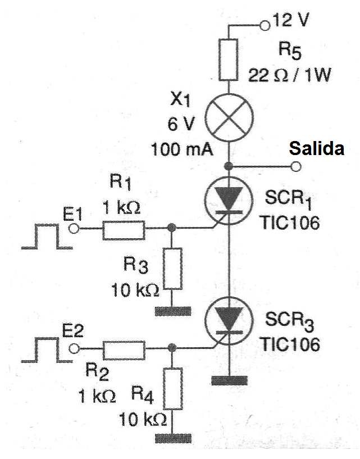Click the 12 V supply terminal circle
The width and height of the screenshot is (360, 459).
pos(266,25)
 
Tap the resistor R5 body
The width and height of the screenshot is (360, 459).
pos(229,60)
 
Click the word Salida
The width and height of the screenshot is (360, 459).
pos(316,148)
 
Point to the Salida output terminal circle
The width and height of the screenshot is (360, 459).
pos(296,166)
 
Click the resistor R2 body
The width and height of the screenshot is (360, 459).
pos(124,350)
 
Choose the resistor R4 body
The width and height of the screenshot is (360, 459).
pos(172,389)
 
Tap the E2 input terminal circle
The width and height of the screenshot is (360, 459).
pos(72,349)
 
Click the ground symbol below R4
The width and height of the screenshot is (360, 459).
pos(172,437)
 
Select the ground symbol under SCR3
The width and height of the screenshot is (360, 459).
pos(229,380)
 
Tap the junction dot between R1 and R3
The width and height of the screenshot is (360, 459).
pos(172,228)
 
